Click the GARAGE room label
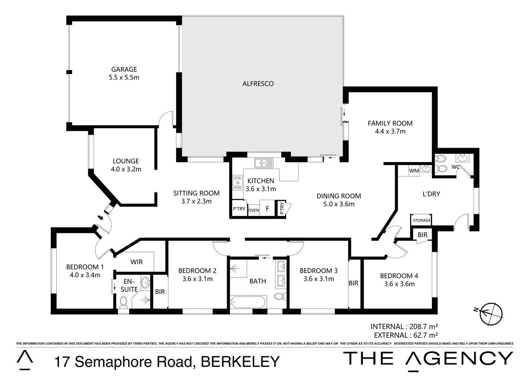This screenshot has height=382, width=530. [124, 69]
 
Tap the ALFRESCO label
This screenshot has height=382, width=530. [258, 84]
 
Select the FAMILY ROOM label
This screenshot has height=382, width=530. [390, 123]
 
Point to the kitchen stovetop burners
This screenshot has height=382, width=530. [238, 182]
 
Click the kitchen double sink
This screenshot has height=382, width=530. [264, 163]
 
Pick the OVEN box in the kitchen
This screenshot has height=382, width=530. [254, 210]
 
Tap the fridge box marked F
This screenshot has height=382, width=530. [267, 208]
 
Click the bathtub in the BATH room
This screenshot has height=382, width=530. [248, 302]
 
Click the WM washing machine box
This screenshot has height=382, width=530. [414, 171]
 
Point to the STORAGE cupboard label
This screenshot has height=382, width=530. [421, 220]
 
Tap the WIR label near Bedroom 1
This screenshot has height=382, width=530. [136, 262]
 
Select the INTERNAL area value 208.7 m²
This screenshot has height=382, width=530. [423, 327]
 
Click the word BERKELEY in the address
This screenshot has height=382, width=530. [240, 362]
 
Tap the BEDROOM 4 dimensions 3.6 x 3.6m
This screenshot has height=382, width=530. [399, 284]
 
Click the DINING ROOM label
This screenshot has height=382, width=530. [339, 196]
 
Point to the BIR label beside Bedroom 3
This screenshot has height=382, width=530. [353, 283]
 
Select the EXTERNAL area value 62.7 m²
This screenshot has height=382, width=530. [423, 335]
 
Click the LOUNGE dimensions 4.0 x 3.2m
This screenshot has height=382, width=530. [126, 169]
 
